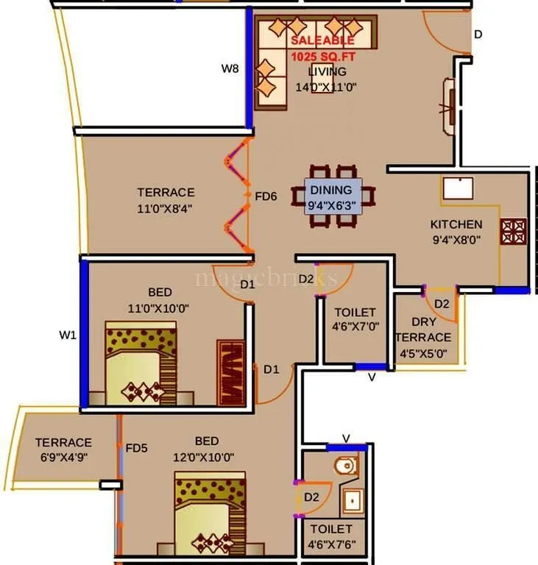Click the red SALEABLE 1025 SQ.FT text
[322, 49]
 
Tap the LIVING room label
[327, 79]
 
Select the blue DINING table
[335, 196]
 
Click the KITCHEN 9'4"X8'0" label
[456, 231]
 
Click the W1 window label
[68, 335]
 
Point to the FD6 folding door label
[266, 197]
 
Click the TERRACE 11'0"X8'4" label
[166, 199]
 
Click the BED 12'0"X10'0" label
[206, 448]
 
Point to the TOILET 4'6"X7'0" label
[355, 319]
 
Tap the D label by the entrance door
[478, 34]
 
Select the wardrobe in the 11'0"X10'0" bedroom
[230, 372]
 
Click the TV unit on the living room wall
[447, 106]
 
